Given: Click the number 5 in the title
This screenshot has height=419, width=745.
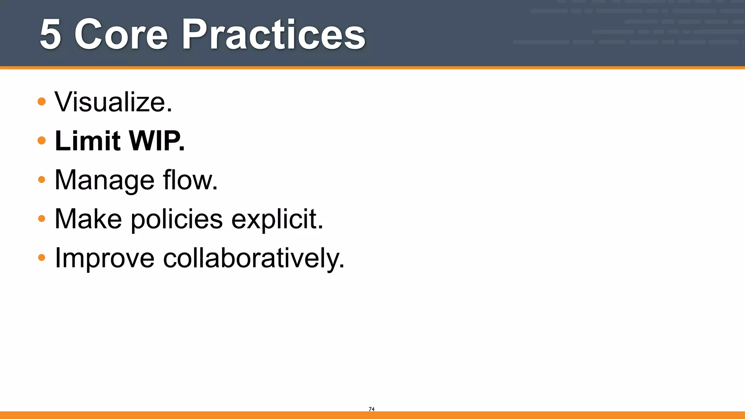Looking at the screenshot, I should pos(50,35).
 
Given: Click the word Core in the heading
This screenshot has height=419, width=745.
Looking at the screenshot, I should pos(121,35).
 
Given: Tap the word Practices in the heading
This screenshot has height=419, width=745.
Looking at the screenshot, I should pos(274,35).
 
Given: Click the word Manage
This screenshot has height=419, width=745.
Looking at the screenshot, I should pos(104,180).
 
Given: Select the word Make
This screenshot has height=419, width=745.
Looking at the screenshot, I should pos(88,219).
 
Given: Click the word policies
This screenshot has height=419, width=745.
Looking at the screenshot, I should pos(177,220).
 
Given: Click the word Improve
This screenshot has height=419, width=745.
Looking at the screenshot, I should pos(105,259).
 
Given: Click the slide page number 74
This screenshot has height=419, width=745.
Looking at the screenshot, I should pos(371,409).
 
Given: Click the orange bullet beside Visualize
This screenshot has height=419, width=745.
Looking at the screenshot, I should pos(42,101).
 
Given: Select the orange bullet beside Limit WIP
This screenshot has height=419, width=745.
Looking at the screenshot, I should pos(42,140).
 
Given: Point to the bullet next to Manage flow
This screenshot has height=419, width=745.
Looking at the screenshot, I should pos(42,179).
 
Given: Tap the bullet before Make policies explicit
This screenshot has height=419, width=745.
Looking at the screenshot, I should pos(42,219).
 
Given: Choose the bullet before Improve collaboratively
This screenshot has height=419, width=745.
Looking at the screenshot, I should pos(42,258).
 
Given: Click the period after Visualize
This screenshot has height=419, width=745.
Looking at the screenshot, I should pos(169,111).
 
